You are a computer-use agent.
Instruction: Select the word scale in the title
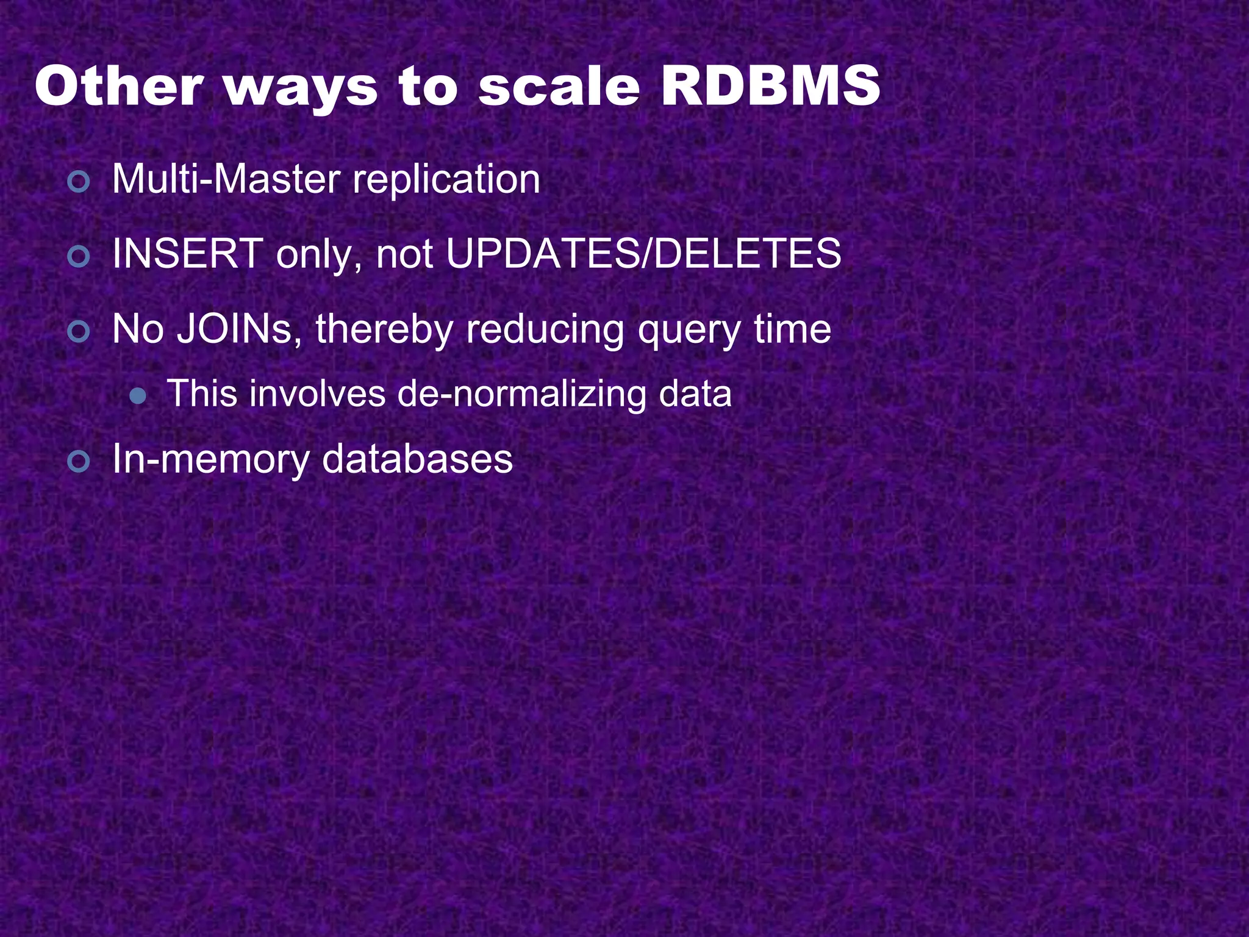559,87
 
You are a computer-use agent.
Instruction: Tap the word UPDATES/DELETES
643,254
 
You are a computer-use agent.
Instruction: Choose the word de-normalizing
522,394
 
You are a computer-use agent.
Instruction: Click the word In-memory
210,460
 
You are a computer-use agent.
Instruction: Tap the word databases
417,459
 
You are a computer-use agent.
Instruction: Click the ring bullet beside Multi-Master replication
79,182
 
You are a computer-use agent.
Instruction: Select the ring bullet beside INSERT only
79,257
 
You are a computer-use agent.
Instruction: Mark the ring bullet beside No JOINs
79,332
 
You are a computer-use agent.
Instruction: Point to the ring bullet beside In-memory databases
79,462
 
